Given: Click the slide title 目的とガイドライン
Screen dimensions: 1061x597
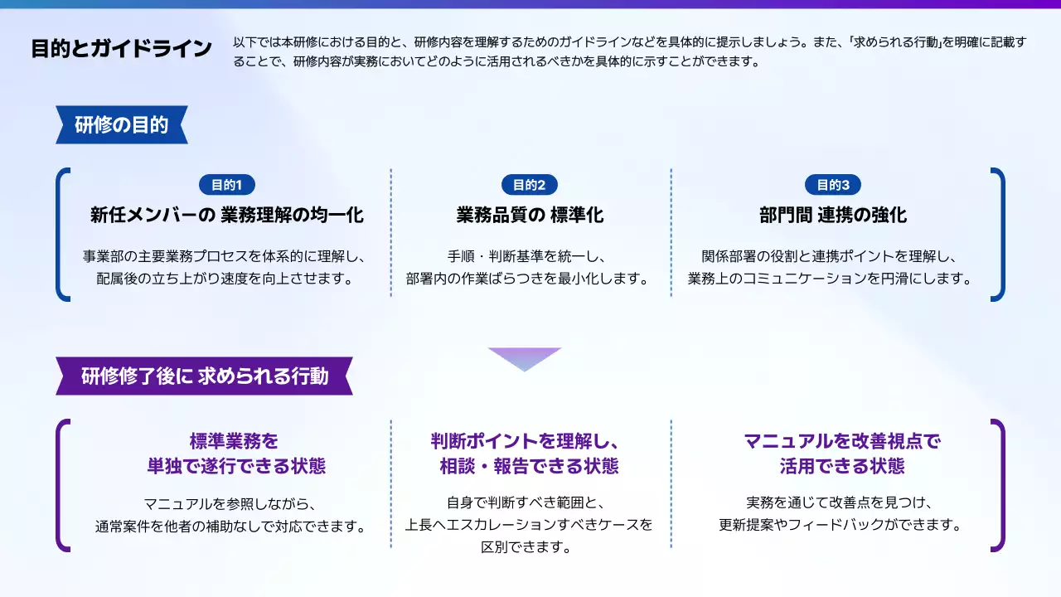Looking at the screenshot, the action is [121, 49].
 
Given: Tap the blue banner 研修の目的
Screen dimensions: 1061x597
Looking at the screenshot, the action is [122, 124].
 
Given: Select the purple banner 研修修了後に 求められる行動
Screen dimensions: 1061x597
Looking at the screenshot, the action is [204, 376].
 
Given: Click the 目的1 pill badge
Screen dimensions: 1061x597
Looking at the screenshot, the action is [227, 185].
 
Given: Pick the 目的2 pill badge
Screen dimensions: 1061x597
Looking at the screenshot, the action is [530, 185].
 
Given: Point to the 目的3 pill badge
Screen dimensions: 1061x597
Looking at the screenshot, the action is [833, 185].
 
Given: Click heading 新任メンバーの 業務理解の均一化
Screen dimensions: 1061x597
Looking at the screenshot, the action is [227, 215].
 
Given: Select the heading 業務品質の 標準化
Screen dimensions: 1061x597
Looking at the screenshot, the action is [530, 215].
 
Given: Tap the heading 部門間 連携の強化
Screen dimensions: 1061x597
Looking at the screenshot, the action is [833, 215].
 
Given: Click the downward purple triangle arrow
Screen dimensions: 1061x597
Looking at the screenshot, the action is [525, 357].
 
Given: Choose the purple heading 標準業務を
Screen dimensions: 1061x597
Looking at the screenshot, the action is [234, 441].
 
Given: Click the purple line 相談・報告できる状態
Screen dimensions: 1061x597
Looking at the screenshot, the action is [529, 466].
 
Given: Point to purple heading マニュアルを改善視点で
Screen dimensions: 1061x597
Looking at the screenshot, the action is [842, 441].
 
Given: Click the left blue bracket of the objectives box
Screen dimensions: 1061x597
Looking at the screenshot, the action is [58, 235].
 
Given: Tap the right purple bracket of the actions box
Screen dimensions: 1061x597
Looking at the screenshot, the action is [1002, 486].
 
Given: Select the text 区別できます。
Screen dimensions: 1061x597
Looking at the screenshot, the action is [526, 547].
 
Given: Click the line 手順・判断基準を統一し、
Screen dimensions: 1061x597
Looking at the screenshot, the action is [526, 256].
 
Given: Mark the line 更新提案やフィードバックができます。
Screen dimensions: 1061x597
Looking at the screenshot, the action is [841, 525].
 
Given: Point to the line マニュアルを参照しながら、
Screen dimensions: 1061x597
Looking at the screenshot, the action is [230, 503].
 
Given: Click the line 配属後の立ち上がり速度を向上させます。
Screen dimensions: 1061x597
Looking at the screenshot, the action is [225, 279].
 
